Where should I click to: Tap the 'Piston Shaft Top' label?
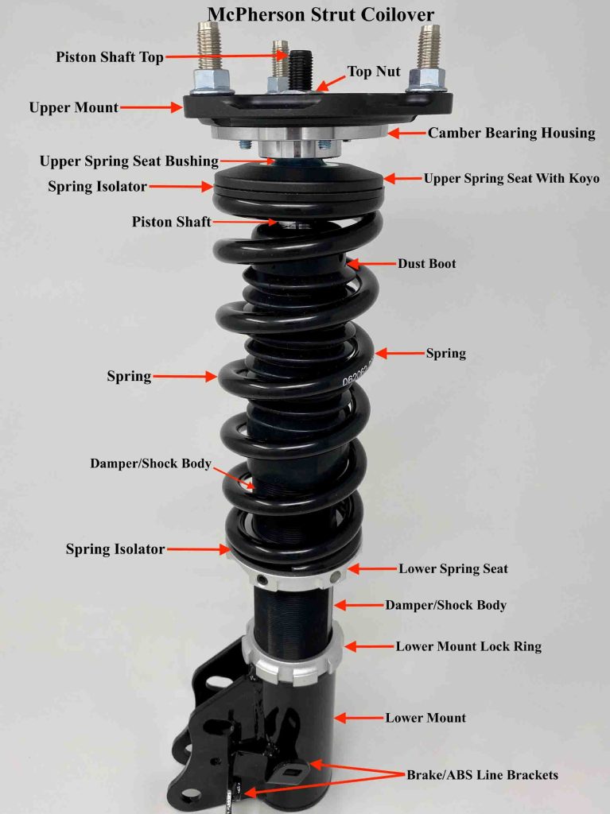111,57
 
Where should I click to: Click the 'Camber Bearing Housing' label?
511,133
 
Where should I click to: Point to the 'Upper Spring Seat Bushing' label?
129,161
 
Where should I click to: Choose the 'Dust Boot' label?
427,263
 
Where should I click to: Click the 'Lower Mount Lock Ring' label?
468,646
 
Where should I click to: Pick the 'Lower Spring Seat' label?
453,568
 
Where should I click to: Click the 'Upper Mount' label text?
73,107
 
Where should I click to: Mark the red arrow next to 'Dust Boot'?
369,262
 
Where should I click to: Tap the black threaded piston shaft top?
300,68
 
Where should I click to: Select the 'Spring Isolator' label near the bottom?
115,549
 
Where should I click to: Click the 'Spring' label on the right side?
445,353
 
